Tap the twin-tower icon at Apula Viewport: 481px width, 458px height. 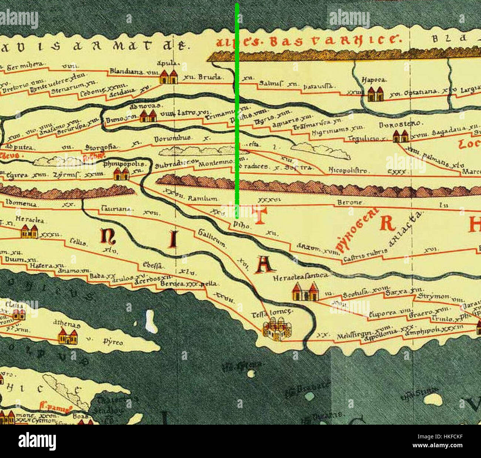point(168,77)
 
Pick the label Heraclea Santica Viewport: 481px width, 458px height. point(300,276)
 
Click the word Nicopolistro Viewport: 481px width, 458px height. point(349,171)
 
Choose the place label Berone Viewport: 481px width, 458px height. point(349,203)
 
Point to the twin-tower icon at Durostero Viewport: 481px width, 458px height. point(400,136)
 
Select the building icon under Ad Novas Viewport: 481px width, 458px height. point(148,116)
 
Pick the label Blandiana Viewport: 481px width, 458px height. point(126,71)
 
